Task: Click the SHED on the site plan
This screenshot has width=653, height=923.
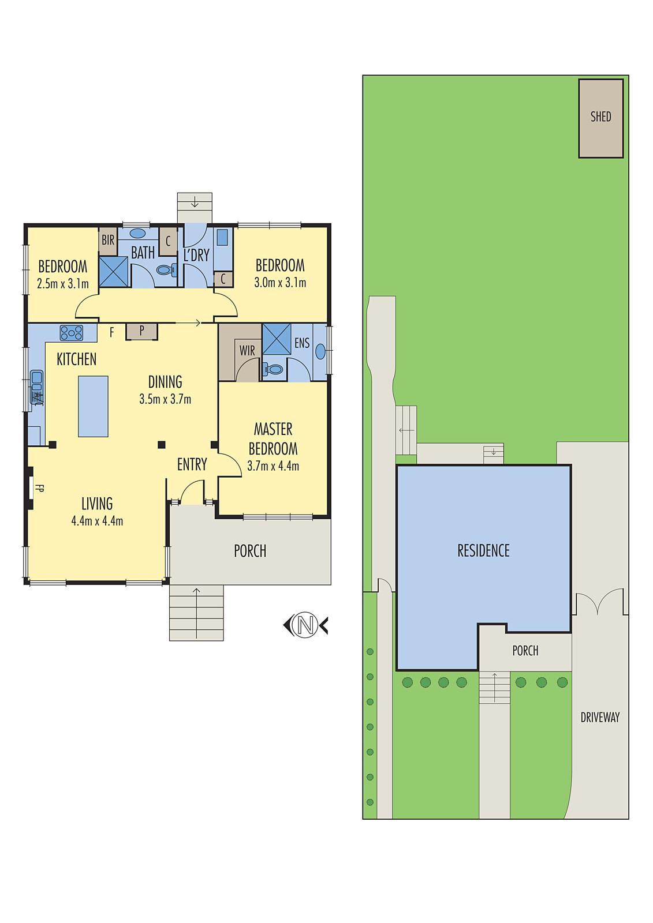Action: pos(600,118)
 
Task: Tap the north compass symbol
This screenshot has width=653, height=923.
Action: pos(305,625)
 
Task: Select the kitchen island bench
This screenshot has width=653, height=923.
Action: pos(93,406)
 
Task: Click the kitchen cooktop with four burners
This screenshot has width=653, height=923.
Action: pos(71,333)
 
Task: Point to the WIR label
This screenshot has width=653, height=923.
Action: pos(247,351)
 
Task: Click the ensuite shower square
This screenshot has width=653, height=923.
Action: pos(277,339)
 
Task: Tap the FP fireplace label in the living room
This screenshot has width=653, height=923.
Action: pos(39,488)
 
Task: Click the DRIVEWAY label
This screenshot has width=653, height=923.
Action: pos(600,718)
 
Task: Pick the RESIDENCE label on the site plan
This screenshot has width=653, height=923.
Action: pos(483,551)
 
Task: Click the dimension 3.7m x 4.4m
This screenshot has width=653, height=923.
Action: pos(273,466)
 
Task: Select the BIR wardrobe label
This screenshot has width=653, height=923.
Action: pos(108,240)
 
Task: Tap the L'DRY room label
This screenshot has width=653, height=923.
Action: pos(196,255)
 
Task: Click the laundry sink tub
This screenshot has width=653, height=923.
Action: pos(222,237)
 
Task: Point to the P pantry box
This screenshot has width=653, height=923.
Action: pos(141,331)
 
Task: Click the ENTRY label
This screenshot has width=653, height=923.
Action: pos(192,464)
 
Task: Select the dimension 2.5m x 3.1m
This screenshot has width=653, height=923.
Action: pos(63,284)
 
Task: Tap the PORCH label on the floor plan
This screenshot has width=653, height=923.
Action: pos(250,551)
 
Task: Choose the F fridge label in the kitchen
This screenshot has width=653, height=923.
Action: pos(112,332)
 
